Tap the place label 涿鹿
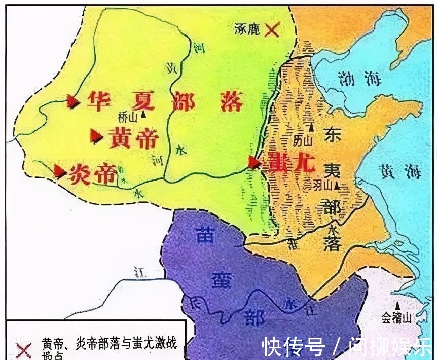click(248, 29)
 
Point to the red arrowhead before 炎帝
click(60, 172)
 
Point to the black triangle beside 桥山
click(144, 115)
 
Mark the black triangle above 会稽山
click(398, 306)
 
